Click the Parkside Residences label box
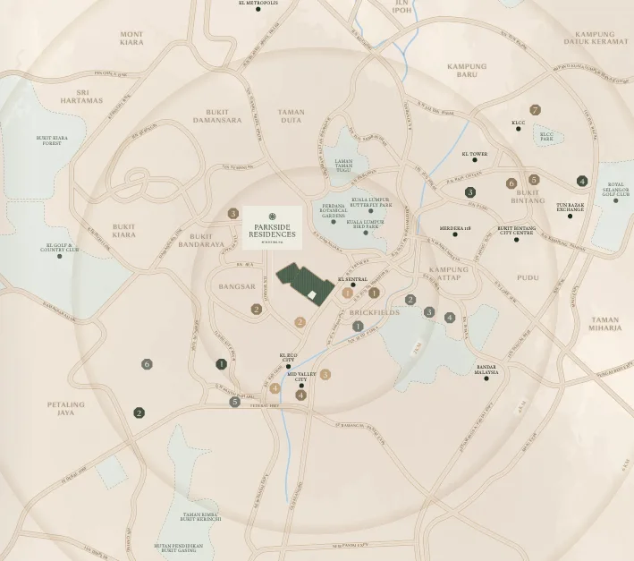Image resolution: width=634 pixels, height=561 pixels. tap(272, 226)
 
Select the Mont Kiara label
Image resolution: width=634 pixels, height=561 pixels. tap(131, 38)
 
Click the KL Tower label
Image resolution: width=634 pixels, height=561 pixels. tap(475, 154)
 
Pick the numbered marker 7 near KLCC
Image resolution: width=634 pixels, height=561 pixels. tap(535, 110)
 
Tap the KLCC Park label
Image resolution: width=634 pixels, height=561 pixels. tap(546, 137)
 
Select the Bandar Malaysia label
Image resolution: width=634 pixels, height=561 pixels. tap(486, 370)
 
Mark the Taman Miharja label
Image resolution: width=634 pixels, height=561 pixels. tap(605, 323)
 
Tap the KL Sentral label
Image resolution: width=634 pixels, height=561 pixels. tap(352, 279)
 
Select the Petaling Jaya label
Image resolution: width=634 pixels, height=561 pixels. tap(65, 408)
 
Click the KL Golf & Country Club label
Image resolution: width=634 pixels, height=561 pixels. tap(60, 247)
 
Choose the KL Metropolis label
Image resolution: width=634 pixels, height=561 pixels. tap(258, 4)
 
